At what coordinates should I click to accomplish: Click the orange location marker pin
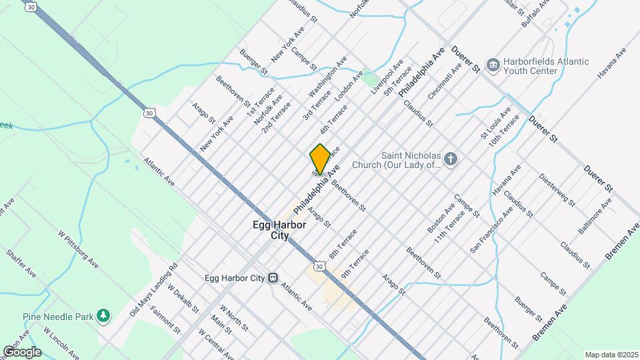320,159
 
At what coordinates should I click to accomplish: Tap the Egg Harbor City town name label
279,231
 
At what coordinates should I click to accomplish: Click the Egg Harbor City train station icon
273,277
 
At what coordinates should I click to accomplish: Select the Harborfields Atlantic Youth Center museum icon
493,65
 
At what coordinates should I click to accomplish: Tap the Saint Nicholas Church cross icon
451,159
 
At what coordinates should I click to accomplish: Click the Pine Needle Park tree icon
103,315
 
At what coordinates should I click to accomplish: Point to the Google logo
22,351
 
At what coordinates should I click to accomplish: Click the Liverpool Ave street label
387,77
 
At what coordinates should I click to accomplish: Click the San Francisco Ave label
491,230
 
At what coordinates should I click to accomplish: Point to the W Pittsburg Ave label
78,250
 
